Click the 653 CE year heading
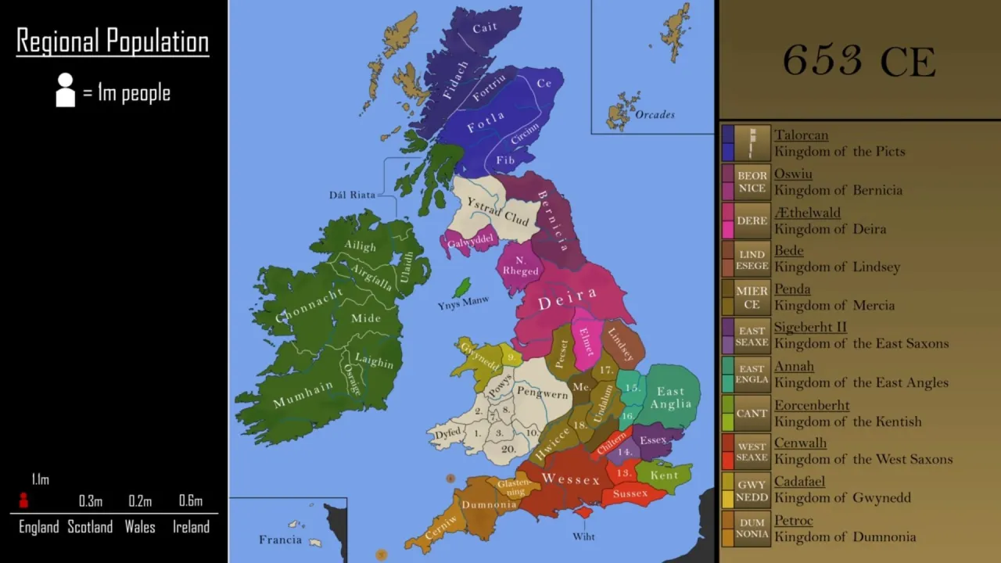[x=859, y=61]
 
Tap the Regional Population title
[x=113, y=41]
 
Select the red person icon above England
[x=23, y=500]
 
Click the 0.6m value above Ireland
[x=191, y=501]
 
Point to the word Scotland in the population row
[x=90, y=527]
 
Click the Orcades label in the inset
[x=655, y=114]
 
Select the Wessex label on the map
[x=571, y=479]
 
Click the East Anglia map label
[x=671, y=397]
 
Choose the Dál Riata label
[x=352, y=195]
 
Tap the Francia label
[x=280, y=540]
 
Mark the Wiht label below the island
[x=583, y=536]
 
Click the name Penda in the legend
[x=791, y=289]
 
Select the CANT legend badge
[x=752, y=414]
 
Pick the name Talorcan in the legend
[x=801, y=135]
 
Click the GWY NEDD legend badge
[x=752, y=491]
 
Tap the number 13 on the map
[x=623, y=473]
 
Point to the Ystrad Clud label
[x=498, y=211]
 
